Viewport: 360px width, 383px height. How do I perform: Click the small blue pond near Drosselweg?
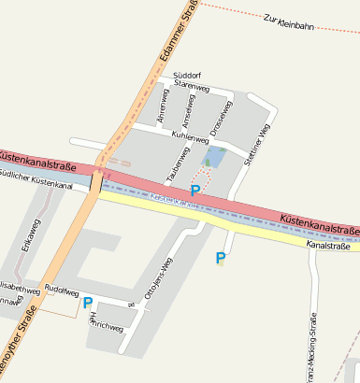point(216,156)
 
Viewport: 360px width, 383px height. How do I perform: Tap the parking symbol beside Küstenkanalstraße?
point(194,191)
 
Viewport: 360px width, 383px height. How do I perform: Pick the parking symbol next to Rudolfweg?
point(88,302)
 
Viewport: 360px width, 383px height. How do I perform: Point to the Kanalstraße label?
point(327,246)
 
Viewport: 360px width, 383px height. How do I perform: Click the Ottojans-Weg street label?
point(155,278)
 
